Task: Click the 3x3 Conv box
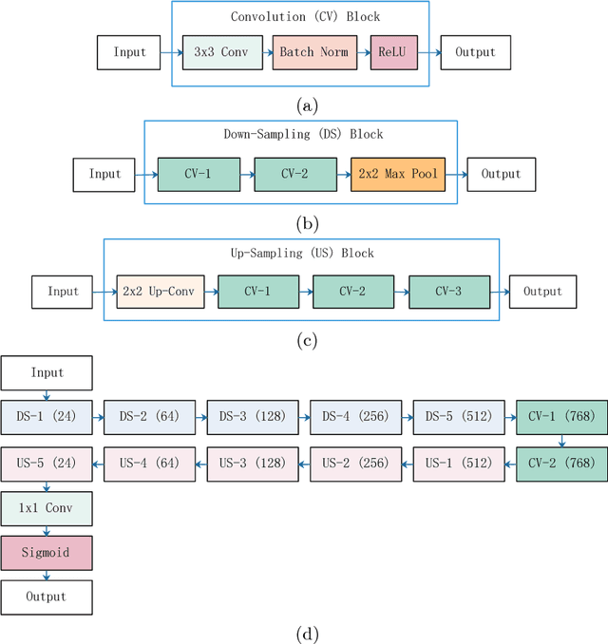tap(221, 52)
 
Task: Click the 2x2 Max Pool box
tap(396, 175)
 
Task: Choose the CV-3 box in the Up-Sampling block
tap(449, 292)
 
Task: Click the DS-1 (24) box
tap(46, 416)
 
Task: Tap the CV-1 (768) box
tap(561, 416)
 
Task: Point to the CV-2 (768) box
tap(561, 463)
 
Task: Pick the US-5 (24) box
tap(46, 463)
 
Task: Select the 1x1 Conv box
tap(46, 508)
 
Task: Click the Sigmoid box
tap(46, 553)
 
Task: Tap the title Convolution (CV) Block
tap(299, 17)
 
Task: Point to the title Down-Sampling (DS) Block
tap(299, 135)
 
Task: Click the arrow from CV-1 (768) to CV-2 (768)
tap(561, 440)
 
